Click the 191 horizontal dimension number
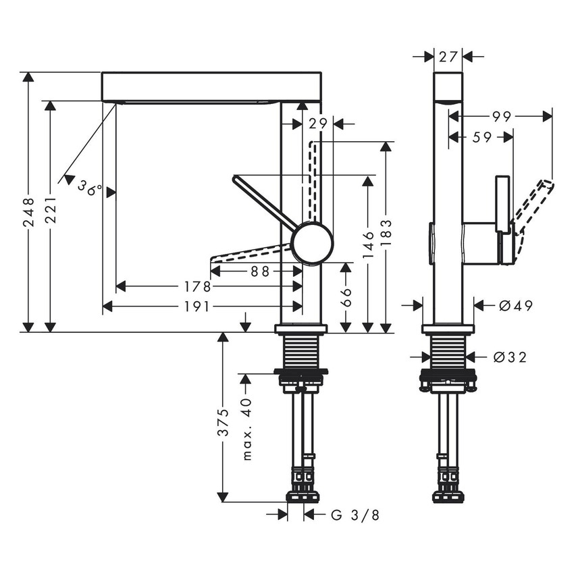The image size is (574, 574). (x=197, y=307)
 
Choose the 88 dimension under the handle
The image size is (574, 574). (x=260, y=271)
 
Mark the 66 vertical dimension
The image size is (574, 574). (x=346, y=297)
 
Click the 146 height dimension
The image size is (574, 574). (x=368, y=244)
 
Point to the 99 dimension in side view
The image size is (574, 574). (x=500, y=117)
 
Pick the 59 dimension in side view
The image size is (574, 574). (x=481, y=137)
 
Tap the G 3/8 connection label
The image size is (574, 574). (x=355, y=516)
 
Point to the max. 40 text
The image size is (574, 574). (x=246, y=429)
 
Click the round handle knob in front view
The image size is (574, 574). (x=312, y=243)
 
